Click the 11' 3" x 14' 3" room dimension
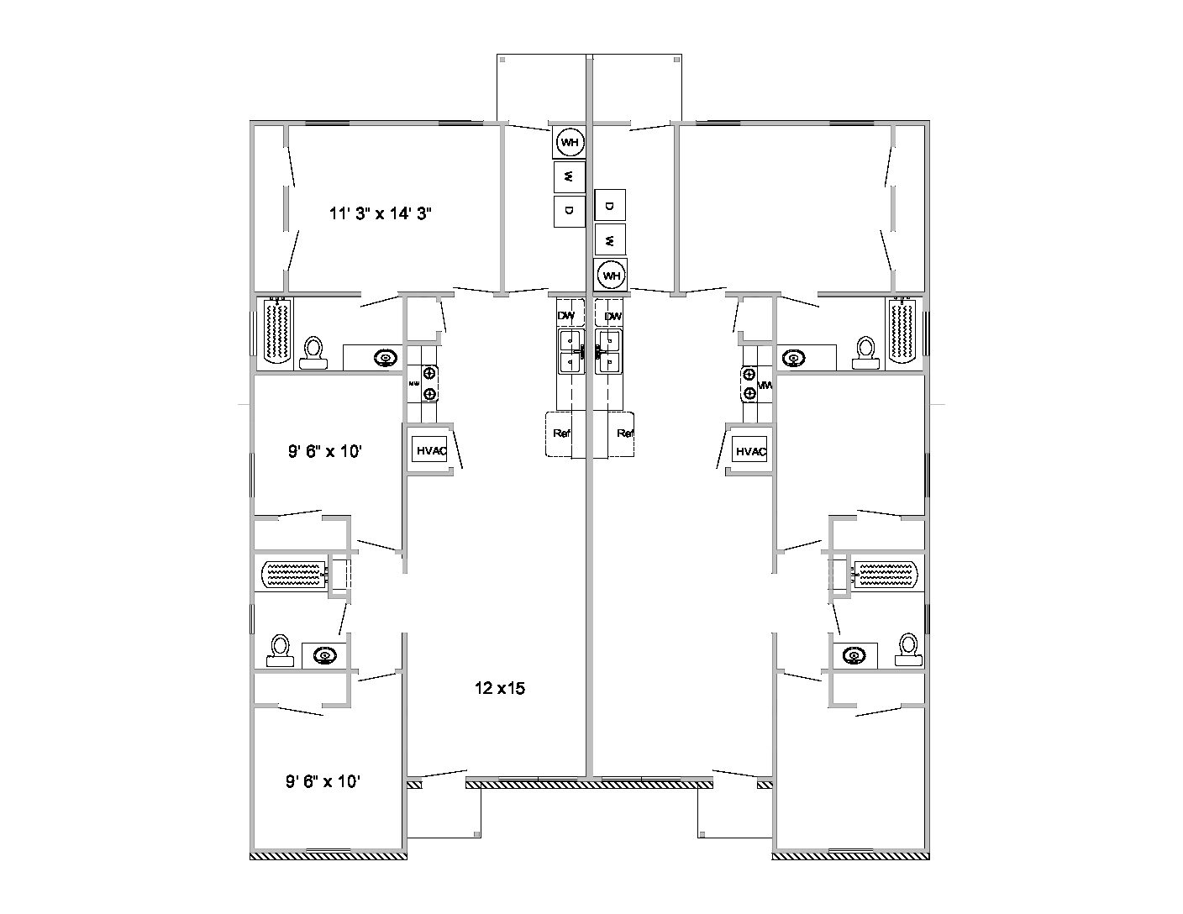[381, 213]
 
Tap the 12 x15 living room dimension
[499, 688]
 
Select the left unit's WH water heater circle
[570, 143]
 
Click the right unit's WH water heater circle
[611, 275]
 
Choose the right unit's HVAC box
[750, 451]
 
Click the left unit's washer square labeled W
[569, 176]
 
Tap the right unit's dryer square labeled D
[610, 206]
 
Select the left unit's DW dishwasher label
[566, 316]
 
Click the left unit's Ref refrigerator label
[561, 433]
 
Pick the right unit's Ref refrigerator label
[624, 433]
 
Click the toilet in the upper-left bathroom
[313, 352]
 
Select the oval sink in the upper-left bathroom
[385, 358]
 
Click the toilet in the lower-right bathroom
[907, 649]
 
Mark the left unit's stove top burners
[429, 383]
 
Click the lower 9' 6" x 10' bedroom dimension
[323, 781]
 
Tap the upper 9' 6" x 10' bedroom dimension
[325, 451]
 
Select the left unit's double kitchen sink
[571, 350]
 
